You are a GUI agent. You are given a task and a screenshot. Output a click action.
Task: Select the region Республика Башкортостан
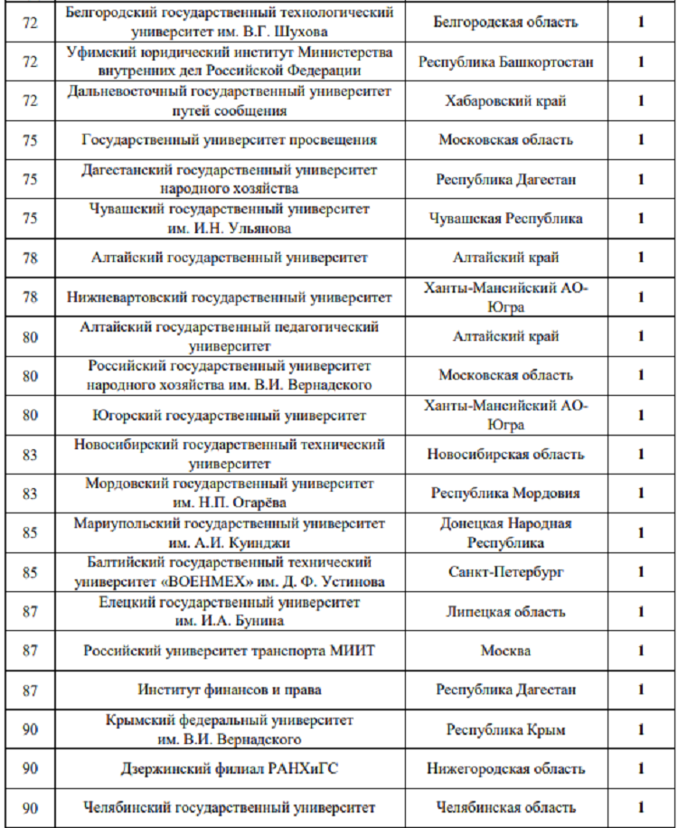(x=505, y=62)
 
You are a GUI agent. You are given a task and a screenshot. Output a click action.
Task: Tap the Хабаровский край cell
(x=505, y=101)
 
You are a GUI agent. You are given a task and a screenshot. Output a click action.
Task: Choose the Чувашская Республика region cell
(x=505, y=218)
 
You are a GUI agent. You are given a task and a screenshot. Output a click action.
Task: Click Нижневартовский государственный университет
(x=230, y=296)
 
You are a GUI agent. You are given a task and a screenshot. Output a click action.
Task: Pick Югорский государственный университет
(x=230, y=416)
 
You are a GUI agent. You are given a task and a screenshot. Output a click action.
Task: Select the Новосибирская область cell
(x=505, y=455)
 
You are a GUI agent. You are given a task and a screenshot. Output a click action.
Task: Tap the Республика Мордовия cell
(x=505, y=494)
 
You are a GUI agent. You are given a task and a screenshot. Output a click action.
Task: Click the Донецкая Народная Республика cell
(x=505, y=533)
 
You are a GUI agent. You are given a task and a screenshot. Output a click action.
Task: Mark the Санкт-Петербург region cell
(x=505, y=572)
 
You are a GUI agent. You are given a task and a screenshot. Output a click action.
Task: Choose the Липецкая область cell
(x=505, y=612)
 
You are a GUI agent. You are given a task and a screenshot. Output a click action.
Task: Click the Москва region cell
(x=505, y=651)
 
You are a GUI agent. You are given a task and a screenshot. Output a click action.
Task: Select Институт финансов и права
(x=230, y=690)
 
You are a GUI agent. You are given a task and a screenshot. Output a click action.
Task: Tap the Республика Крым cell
(x=505, y=729)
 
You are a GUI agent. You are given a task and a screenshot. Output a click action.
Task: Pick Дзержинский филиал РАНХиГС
(x=230, y=769)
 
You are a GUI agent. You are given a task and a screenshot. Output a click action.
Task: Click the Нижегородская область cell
(x=505, y=769)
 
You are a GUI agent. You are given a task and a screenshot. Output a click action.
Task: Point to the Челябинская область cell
(x=505, y=808)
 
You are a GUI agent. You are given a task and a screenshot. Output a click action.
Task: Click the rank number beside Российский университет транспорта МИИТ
(x=30, y=651)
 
